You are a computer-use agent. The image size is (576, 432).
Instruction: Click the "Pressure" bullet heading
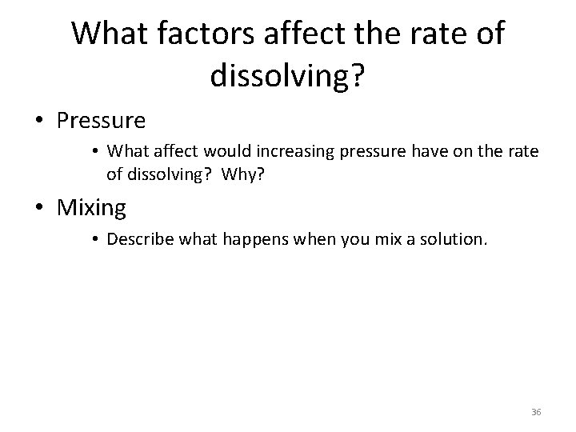click(101, 121)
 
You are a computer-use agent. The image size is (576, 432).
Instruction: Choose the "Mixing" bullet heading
click(92, 208)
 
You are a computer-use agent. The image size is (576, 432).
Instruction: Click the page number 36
click(536, 411)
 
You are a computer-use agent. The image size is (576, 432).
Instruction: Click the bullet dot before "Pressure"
click(38, 122)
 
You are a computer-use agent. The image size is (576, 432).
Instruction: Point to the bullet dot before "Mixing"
click(38, 209)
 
